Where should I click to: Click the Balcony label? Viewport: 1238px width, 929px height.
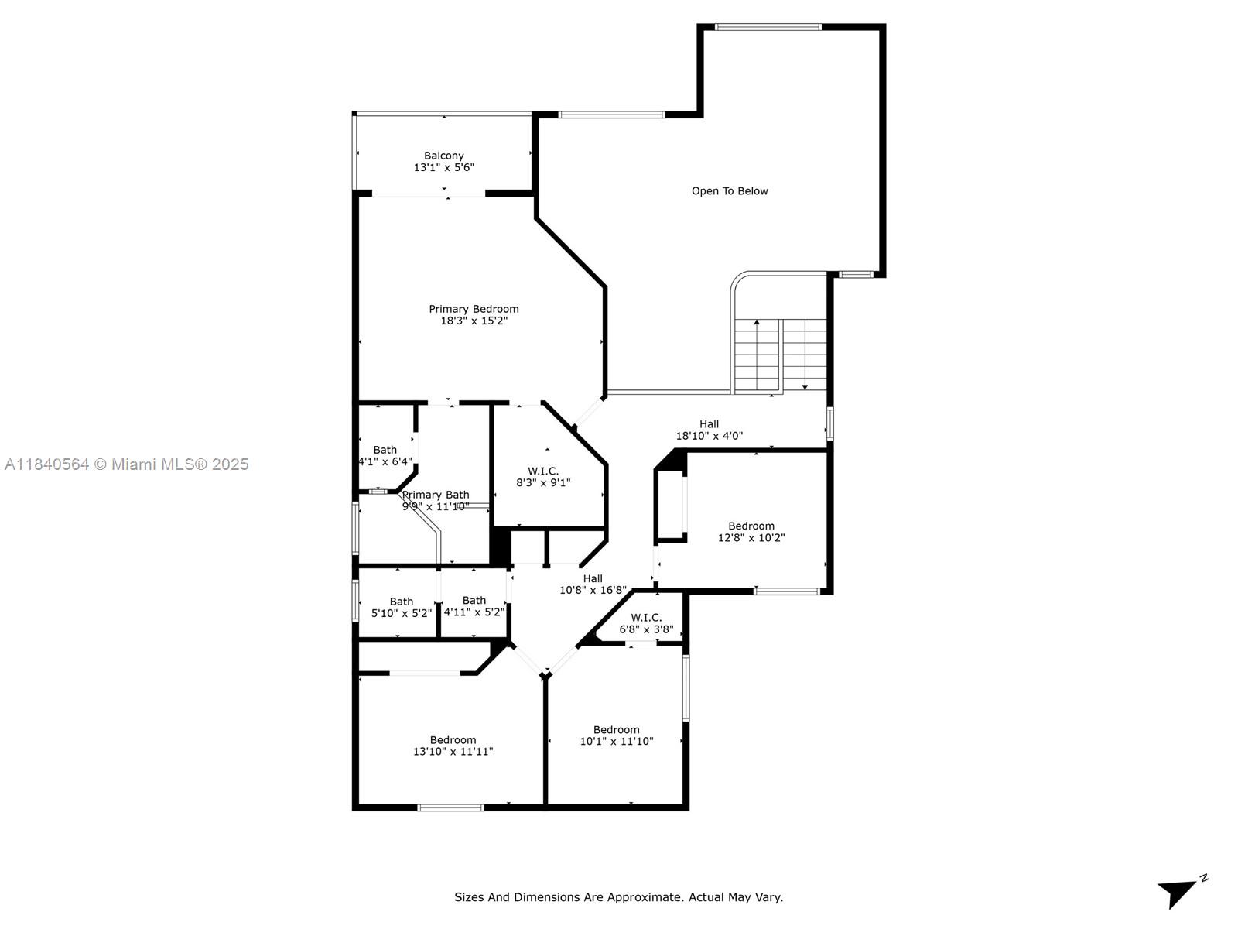tap(444, 161)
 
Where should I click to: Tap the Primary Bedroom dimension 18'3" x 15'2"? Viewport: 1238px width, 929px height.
tap(474, 321)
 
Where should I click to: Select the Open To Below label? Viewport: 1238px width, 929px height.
tap(730, 191)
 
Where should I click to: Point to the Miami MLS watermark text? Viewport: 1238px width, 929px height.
tap(126, 464)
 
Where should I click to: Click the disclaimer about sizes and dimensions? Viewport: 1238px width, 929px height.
tap(619, 897)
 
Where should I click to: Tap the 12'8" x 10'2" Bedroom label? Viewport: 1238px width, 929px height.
tap(751, 532)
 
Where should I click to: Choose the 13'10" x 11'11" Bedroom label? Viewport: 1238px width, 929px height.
tap(453, 746)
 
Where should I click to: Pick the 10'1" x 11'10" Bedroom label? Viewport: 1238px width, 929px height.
tap(617, 735)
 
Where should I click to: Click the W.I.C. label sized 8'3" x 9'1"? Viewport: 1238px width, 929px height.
tap(543, 477)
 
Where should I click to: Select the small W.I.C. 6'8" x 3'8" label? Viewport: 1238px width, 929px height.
tap(646, 623)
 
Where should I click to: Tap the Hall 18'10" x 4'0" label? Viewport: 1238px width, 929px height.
tap(709, 430)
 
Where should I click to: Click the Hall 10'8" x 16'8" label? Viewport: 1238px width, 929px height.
tap(593, 584)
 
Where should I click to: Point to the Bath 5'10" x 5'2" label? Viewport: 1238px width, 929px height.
tap(401, 608)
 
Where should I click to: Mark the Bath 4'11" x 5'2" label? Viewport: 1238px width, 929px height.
tap(474, 606)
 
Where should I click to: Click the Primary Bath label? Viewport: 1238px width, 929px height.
tap(436, 495)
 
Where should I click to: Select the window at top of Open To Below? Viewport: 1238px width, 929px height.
tap(768, 27)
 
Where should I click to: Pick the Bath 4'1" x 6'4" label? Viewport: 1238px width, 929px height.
tap(385, 456)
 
